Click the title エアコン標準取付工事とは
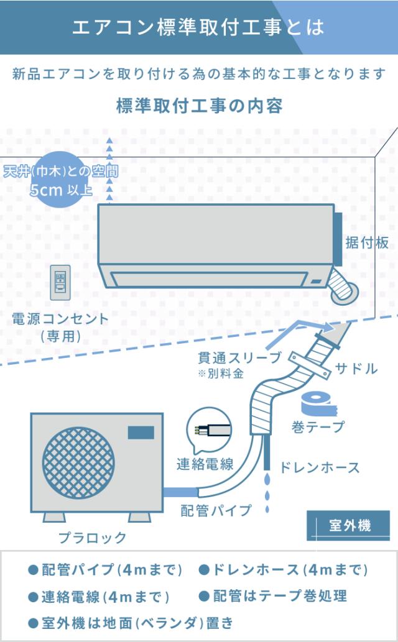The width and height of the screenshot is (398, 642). pos(198,28)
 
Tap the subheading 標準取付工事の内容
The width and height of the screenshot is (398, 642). pos(199,106)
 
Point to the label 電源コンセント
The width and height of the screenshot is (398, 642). pos(60,319)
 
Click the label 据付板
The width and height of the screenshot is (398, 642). pos(367,242)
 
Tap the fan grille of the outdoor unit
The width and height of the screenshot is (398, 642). pos(79,457)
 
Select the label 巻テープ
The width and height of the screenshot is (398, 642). pos(317,428)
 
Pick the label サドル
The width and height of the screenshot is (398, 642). pos(356,368)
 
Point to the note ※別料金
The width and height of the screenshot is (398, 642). pos(221,374)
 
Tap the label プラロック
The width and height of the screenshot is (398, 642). pos(92,538)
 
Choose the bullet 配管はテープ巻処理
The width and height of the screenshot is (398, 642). pos(274,595)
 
